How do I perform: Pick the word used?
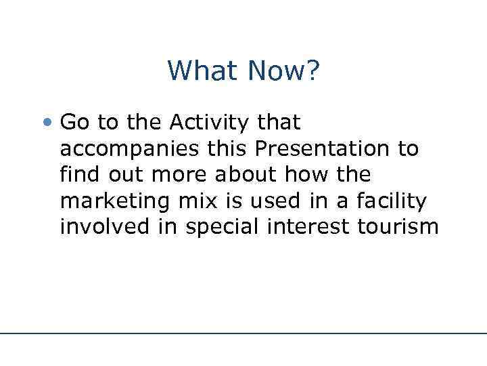point(281,201)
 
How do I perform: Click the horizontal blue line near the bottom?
point(243,333)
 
